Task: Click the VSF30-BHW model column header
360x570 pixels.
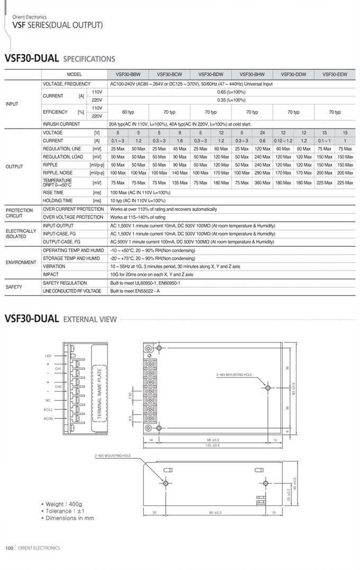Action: [252, 75]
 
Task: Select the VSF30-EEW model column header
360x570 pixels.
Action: [335, 75]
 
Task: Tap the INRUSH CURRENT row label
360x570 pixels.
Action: [61, 124]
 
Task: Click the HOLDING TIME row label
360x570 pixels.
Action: [58, 201]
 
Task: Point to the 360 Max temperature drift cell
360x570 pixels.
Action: [262, 183]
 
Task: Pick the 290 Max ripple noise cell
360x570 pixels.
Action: [262, 173]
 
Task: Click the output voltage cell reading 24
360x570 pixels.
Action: [262, 132]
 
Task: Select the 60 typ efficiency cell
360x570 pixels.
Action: [128, 112]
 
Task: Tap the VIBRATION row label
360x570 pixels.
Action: [54, 266]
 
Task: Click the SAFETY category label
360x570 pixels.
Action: [14, 287]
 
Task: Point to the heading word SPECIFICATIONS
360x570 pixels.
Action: [89, 59]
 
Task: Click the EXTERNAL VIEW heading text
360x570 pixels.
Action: [89, 319]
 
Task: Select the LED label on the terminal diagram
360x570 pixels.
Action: [48, 356]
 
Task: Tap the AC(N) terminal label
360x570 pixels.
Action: [48, 418]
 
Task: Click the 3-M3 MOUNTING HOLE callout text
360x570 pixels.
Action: [234, 375]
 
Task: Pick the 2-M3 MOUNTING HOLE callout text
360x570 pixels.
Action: [113, 456]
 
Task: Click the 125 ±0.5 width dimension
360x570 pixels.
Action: [212, 446]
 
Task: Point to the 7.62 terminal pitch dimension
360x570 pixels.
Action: [130, 395]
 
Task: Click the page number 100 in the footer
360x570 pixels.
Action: [9, 548]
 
